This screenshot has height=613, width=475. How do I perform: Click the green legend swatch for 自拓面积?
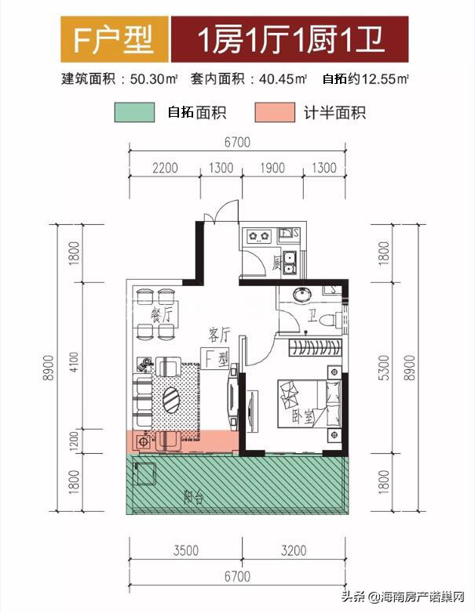pos(134,112)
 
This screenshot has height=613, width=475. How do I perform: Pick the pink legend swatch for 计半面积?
pos(276,112)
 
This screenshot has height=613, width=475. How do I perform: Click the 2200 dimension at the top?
pos(166,168)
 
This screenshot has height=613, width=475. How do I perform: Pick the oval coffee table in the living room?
pos(172,400)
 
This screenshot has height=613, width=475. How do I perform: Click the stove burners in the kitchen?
pos(258,234)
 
